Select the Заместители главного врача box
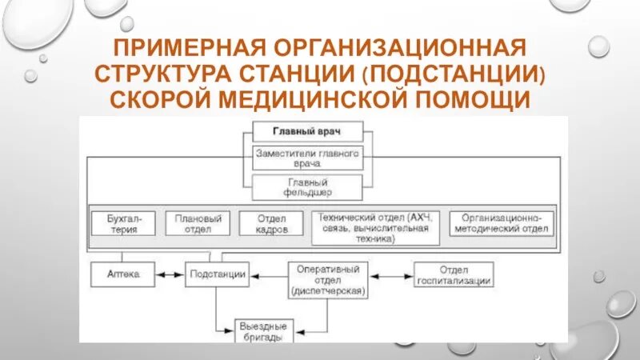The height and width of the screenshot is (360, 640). click(307, 158)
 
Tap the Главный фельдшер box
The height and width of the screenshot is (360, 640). click(307, 187)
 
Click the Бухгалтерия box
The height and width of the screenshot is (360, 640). click(122, 223)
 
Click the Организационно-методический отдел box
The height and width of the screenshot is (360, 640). click(501, 223)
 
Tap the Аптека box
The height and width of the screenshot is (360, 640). click(123, 274)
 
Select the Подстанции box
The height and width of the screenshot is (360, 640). click(217, 274)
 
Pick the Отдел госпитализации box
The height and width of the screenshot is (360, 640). click(454, 274)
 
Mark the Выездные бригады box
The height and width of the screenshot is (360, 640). click(262, 330)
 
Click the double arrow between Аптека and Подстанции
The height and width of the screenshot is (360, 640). click(170, 274)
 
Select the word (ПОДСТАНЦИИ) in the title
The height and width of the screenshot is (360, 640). click(454, 74)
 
